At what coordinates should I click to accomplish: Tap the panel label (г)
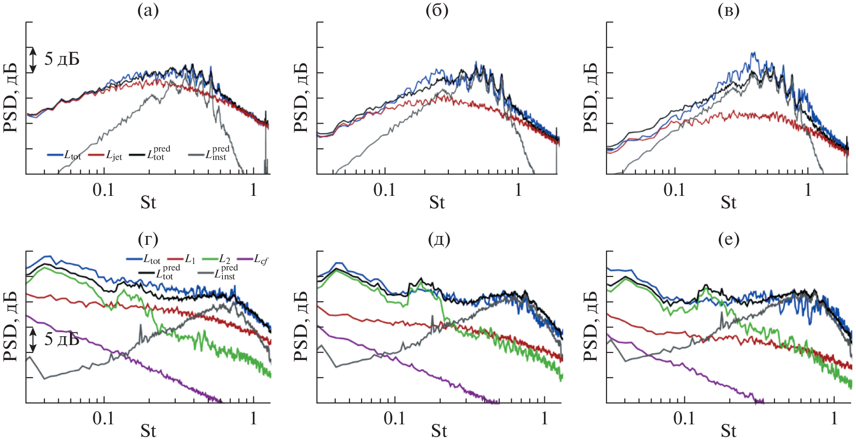pos(148,239)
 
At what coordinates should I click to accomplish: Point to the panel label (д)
pos(438,239)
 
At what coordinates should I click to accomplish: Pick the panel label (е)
pos(729,239)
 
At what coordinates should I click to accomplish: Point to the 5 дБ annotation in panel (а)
pos(62,59)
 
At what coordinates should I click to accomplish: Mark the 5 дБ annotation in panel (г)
pos(62,339)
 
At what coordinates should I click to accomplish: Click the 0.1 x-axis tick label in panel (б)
pos(384,190)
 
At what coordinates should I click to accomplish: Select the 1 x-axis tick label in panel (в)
pos(808,190)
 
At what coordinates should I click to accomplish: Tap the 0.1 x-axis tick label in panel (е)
pos(684,418)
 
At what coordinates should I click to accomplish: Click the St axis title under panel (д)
pos(438,431)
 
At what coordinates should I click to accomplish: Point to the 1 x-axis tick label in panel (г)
pos(253,418)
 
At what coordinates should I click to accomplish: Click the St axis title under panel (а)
pos(148,203)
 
